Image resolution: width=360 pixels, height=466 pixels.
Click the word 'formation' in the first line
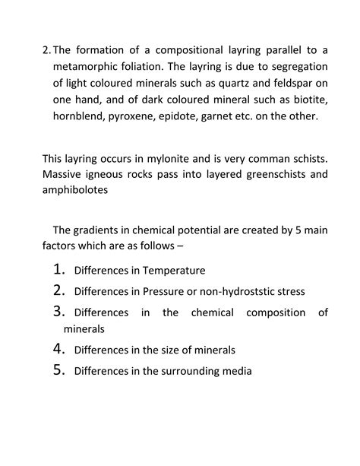pos(105,51)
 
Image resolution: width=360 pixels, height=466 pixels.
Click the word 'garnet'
pos(231,118)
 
